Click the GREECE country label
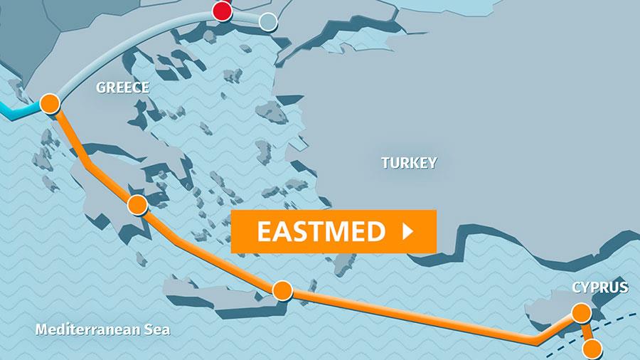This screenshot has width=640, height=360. pos(122,88)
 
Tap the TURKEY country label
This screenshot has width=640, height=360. pos(409,162)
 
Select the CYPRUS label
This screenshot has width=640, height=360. pos(599,288)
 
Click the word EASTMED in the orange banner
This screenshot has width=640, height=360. pos(321,231)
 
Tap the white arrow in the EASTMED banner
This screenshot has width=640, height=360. pos(408,231)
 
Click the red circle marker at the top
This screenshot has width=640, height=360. pos(223,11)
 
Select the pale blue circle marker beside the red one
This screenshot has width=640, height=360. pos(267,22)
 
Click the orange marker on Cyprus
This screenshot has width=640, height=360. pos(582,312)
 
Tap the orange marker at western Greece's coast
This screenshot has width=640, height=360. pos(49,103)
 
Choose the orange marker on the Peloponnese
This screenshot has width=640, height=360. pos(137,206)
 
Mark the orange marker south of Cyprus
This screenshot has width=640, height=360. pos(592,349)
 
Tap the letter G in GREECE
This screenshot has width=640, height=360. pos(100,88)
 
